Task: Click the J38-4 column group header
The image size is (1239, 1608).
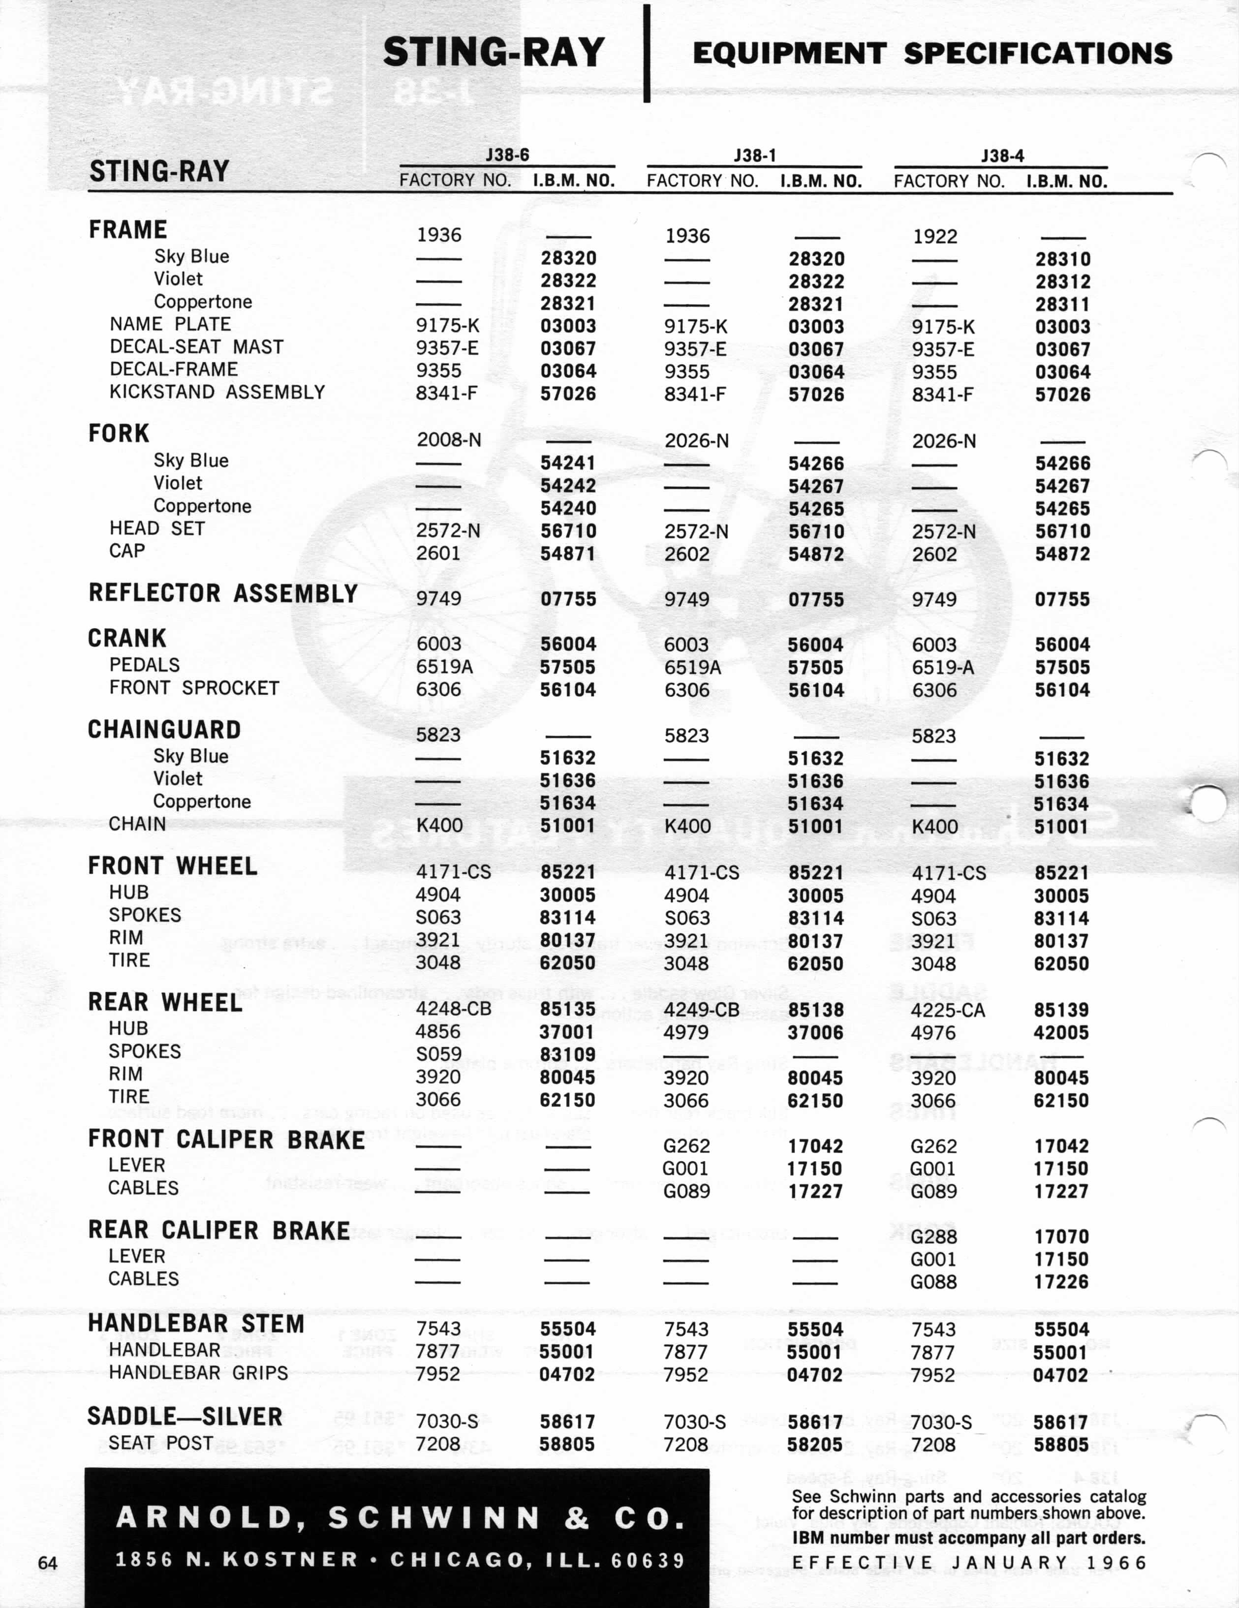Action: tap(1002, 155)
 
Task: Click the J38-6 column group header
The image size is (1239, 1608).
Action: tap(507, 155)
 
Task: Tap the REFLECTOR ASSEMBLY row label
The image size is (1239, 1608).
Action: tap(223, 593)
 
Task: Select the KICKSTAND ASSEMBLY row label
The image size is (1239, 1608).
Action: tap(217, 392)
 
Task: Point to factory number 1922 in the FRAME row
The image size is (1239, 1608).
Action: tap(935, 236)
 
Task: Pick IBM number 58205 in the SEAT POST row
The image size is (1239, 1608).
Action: tap(814, 1445)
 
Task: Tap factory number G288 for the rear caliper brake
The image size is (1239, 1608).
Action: tap(933, 1237)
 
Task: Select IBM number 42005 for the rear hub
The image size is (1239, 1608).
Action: tap(1061, 1033)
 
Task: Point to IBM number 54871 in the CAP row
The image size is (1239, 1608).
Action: tap(568, 553)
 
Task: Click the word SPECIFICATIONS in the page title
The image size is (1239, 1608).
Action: tap(1038, 53)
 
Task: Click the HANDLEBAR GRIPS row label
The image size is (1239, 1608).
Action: tap(198, 1373)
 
